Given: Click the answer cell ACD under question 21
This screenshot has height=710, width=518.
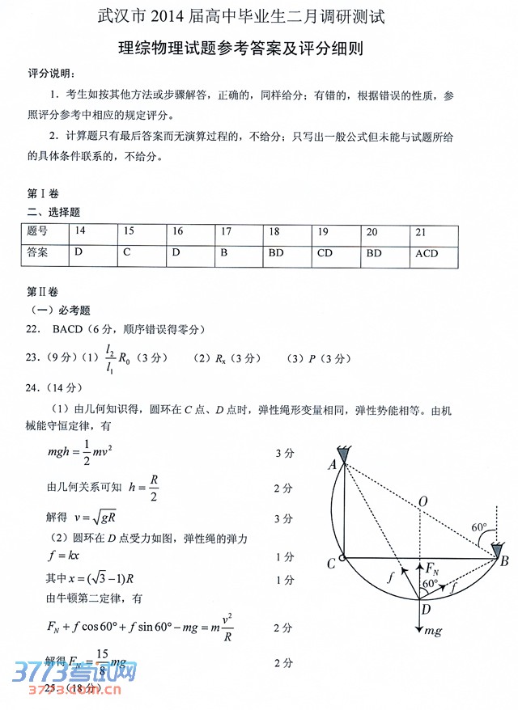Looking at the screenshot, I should pos(427,253).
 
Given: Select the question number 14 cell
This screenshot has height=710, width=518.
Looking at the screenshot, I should pos(79,231).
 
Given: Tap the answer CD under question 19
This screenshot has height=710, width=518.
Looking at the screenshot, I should pos(325,253).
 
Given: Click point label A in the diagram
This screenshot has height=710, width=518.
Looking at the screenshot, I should pos(332,465).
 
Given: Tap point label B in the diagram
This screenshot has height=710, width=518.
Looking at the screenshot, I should pos(504,561).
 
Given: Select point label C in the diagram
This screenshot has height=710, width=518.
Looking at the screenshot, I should pos(331,564).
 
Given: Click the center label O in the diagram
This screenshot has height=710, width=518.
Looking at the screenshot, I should pos(422,502).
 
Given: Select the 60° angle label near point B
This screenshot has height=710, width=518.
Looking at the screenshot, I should pos(480,528).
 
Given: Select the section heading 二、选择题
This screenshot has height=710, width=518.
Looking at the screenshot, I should pos(53,212).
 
